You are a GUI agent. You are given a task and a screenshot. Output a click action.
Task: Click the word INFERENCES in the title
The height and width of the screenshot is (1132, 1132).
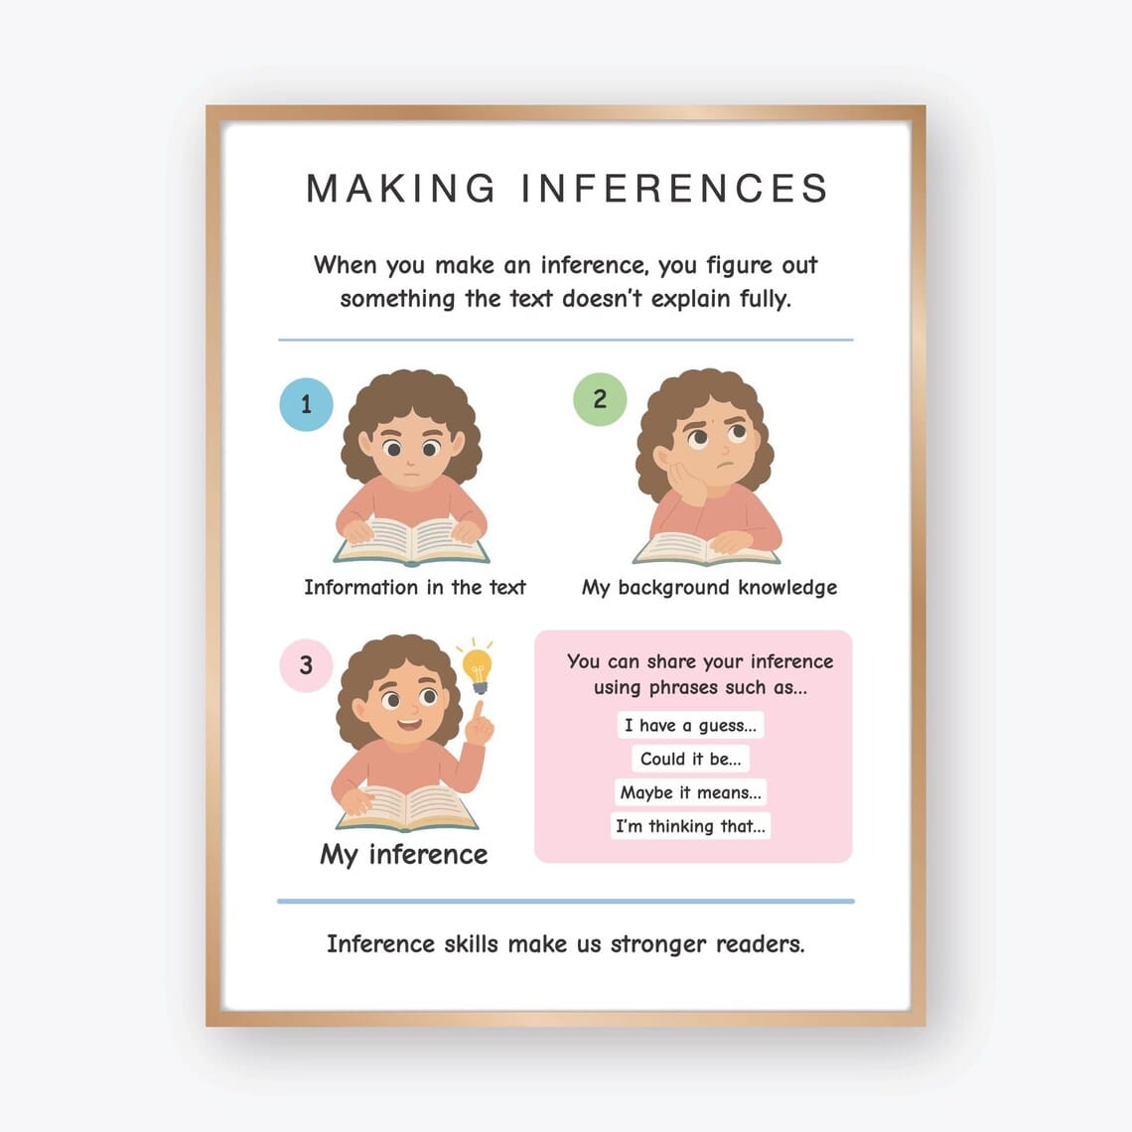point(674,189)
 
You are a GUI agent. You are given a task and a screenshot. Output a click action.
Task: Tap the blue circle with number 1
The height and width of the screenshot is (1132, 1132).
point(306,404)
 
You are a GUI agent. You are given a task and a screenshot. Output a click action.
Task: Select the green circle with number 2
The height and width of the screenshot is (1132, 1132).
point(600,399)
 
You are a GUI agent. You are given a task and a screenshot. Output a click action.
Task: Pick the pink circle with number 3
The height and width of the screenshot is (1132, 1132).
point(306,665)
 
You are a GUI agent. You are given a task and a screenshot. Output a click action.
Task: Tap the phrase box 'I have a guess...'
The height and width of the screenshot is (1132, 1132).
point(691,725)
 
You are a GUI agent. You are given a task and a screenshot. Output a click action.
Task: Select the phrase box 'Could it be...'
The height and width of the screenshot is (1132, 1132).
point(691,759)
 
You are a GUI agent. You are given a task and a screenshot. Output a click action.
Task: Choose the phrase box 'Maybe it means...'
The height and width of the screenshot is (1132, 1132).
point(691,792)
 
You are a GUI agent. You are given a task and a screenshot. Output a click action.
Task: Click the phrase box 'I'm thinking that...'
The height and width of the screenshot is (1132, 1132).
point(691,826)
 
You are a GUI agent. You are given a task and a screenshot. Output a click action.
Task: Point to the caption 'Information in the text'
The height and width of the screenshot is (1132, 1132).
point(415,588)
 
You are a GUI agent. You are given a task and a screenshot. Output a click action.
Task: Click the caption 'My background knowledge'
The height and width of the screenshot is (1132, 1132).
point(710,588)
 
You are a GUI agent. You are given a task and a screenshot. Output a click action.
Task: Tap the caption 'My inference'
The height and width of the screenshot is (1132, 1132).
point(403,855)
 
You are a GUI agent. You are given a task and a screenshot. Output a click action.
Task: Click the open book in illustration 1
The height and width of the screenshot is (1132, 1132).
point(411,541)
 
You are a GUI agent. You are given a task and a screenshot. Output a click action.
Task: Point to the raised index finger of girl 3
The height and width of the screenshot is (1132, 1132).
point(477,711)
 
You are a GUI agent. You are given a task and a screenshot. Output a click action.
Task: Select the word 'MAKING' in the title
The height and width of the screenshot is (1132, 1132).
point(401,189)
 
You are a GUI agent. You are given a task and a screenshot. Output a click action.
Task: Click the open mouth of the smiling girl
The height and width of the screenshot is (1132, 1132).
point(409,723)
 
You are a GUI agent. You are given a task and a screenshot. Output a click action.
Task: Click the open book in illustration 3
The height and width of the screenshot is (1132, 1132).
point(407,808)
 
